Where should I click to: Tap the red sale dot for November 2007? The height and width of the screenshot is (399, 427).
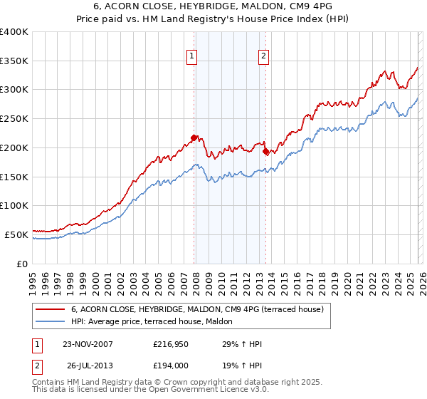[194, 138]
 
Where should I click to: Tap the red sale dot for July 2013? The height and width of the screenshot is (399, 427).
[265, 151]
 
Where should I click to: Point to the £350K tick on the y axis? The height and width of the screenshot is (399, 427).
[14, 61]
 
